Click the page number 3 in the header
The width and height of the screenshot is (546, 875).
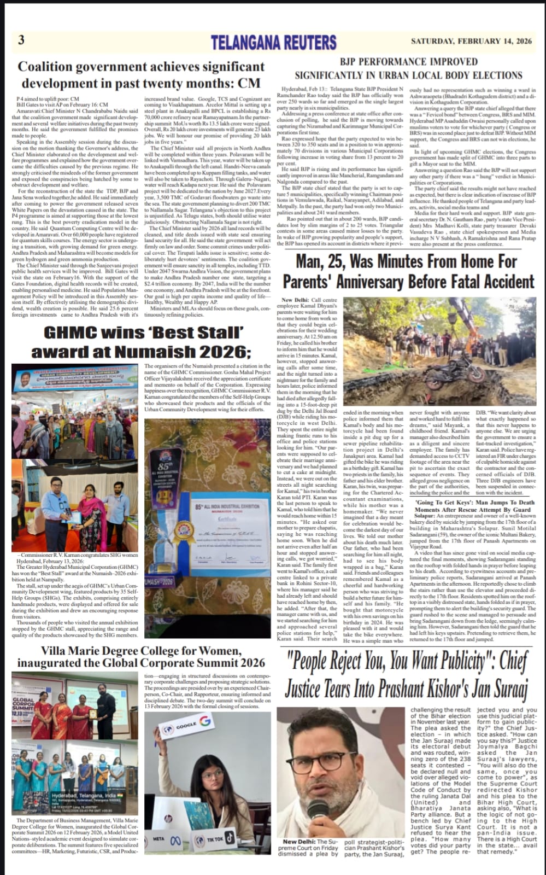[x=21, y=40]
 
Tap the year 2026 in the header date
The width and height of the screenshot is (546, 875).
[x=520, y=41]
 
